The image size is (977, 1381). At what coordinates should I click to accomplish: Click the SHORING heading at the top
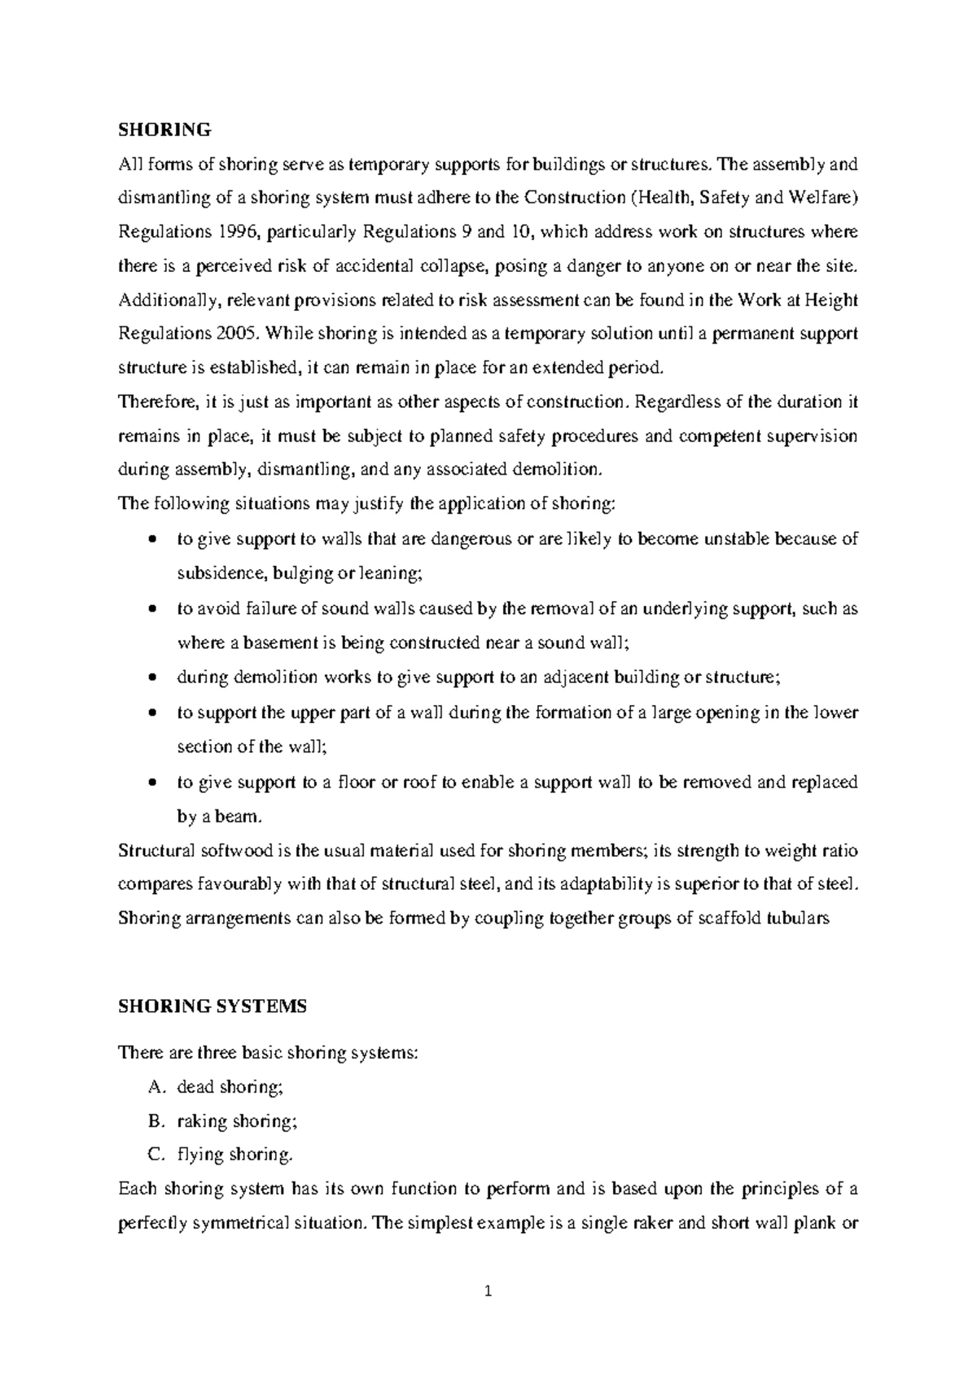164,129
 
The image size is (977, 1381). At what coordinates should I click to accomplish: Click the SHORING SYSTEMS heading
212,1006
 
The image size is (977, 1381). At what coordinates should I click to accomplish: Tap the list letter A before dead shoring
156,1087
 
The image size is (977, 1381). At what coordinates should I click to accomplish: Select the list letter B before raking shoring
156,1121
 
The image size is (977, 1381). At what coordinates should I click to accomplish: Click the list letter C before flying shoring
156,1155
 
